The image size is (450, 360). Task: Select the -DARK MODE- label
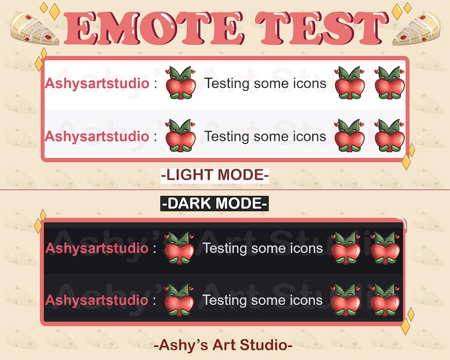215,203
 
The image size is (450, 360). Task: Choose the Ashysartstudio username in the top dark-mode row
97,248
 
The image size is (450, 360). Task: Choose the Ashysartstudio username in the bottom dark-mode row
97,300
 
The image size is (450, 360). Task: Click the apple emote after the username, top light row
180,83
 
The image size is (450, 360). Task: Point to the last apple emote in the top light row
389,83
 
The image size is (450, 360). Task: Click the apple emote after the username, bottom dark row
179,300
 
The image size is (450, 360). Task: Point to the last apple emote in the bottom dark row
385,300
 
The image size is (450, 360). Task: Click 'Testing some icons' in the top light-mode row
265,84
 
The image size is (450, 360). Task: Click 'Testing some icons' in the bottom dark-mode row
262,300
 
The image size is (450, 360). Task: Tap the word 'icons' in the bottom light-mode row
308,137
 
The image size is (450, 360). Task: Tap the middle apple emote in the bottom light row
350,137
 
